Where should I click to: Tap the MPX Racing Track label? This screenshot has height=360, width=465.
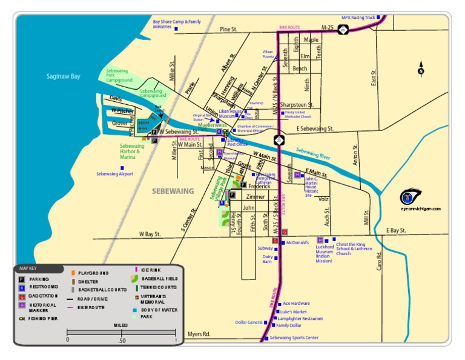point(358,18)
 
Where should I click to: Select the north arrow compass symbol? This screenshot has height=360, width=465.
point(421,68)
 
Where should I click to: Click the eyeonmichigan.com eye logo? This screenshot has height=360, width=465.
point(411,198)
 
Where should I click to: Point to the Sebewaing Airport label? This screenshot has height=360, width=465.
point(114,174)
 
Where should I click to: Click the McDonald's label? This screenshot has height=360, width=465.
point(297,242)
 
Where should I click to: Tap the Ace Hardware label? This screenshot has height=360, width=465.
point(297,303)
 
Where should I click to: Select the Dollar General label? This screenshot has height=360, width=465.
point(249,322)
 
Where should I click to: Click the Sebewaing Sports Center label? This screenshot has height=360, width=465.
point(294,338)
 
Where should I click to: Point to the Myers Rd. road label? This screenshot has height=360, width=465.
point(199,334)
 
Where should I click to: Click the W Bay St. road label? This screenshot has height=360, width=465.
point(150,233)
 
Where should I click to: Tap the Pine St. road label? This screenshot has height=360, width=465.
point(229,29)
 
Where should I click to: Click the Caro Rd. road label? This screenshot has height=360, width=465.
point(379,261)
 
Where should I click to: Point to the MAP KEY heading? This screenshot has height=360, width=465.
point(28,267)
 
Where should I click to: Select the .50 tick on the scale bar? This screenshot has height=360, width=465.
point(121,340)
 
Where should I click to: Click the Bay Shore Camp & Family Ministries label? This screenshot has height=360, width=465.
point(176,24)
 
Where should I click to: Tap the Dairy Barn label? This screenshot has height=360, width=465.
point(268,259)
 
